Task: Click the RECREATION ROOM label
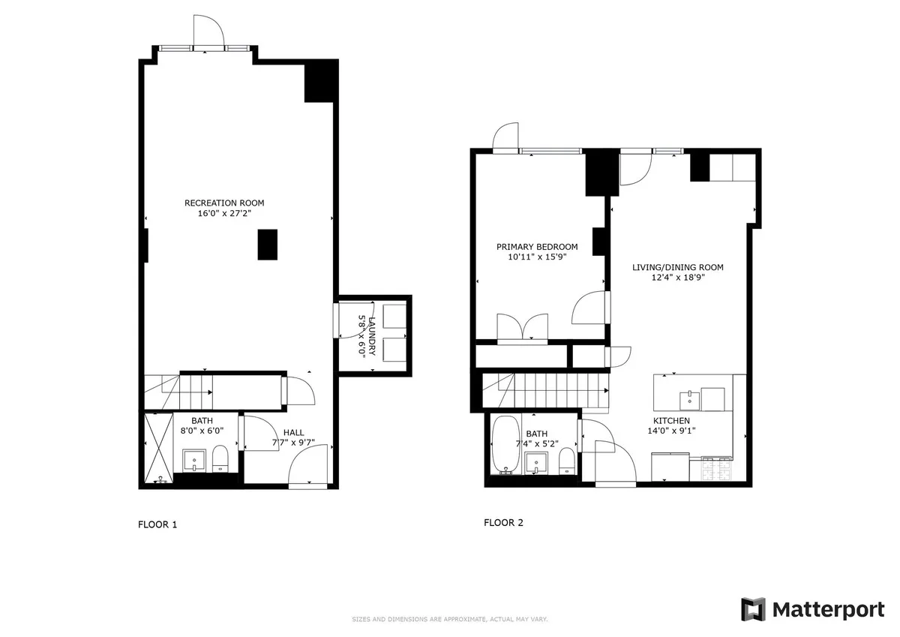pyautogui.click(x=224, y=203)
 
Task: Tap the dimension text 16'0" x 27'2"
pyautogui.click(x=224, y=213)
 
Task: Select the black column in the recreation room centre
pyautogui.click(x=268, y=245)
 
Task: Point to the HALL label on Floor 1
pyautogui.click(x=293, y=432)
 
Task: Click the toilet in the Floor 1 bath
pyautogui.click(x=220, y=458)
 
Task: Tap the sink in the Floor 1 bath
pyautogui.click(x=195, y=460)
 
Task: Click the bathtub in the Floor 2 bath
pyautogui.click(x=504, y=444)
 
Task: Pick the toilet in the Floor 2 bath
pyautogui.click(x=568, y=461)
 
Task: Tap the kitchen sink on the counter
pyautogui.click(x=689, y=398)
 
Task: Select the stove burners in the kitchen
pyautogui.click(x=715, y=469)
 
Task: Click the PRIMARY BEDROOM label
pyautogui.click(x=537, y=247)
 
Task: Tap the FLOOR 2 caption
pyautogui.click(x=503, y=523)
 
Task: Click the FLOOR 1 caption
pyautogui.click(x=157, y=524)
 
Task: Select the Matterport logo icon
pyautogui.click(x=753, y=609)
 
